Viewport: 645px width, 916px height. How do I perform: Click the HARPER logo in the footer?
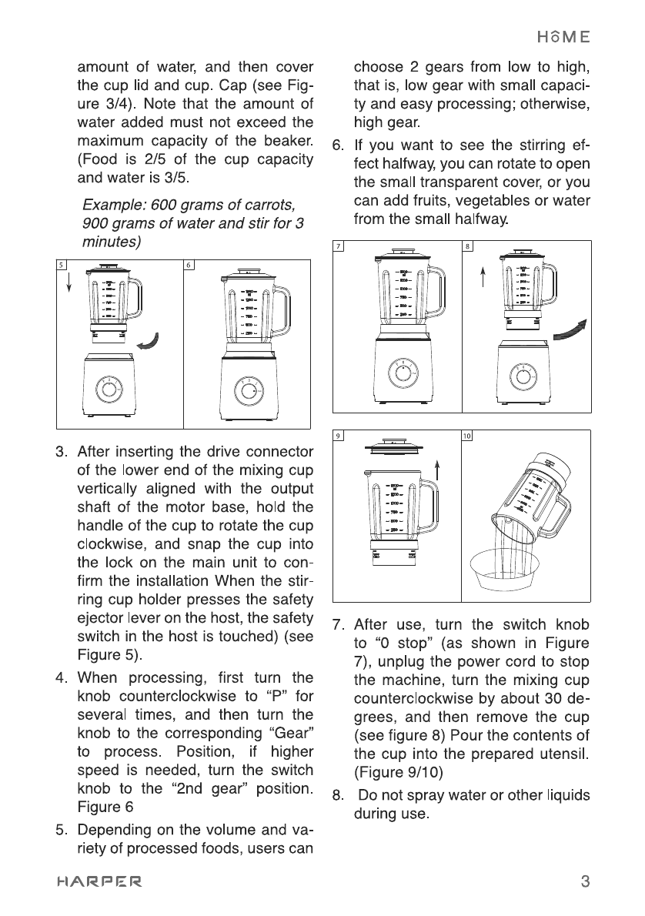click(x=98, y=881)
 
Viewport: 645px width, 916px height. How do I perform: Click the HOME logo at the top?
click(x=563, y=36)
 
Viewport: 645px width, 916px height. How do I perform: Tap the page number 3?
click(x=585, y=881)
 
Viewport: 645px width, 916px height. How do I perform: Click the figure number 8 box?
click(x=467, y=246)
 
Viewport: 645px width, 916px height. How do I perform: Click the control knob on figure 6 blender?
click(x=249, y=390)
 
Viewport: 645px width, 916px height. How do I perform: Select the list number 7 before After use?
click(x=336, y=623)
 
